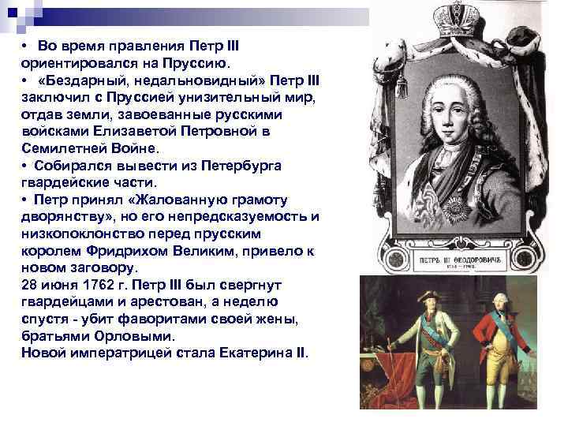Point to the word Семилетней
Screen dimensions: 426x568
[62, 148]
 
